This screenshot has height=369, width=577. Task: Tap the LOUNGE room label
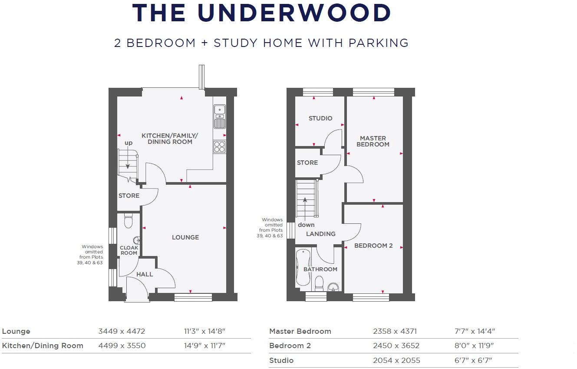click(x=185, y=237)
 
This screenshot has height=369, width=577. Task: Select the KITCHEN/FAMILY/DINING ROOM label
click(x=170, y=139)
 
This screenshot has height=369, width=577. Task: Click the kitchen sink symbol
click(x=220, y=116)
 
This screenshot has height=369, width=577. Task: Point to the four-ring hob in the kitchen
click(x=220, y=146)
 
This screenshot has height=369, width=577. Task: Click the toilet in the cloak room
click(x=128, y=221)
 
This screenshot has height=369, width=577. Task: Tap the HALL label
click(x=145, y=274)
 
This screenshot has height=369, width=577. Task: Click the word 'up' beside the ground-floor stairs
click(x=129, y=143)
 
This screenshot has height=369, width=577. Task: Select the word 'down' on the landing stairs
click(x=306, y=225)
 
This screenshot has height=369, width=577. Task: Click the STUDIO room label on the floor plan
click(x=320, y=118)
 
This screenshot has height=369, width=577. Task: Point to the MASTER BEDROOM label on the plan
click(x=373, y=141)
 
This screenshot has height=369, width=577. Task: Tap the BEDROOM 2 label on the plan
click(x=373, y=246)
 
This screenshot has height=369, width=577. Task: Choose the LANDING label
click(x=321, y=234)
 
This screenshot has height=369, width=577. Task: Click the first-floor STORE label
click(x=307, y=163)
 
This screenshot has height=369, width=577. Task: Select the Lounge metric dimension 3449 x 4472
click(x=122, y=331)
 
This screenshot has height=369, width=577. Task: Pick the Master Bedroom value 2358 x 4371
click(x=395, y=331)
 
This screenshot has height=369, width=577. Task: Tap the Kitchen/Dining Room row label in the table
click(x=43, y=346)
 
